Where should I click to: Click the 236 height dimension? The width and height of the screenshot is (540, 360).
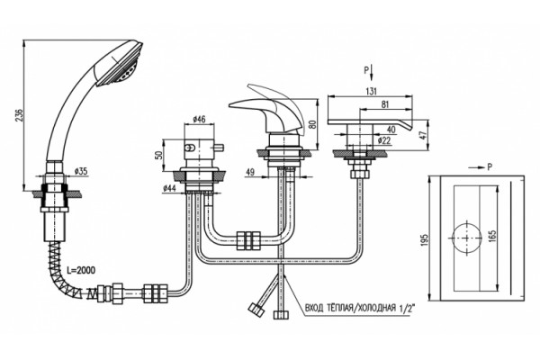point(19,115)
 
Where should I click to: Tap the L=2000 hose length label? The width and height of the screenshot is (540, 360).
point(81,270)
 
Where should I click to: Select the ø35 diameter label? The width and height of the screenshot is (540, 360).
point(81,171)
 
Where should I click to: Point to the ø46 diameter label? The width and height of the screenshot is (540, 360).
point(199,120)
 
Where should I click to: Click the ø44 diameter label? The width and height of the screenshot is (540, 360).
point(169,188)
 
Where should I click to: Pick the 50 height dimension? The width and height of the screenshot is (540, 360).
point(158,155)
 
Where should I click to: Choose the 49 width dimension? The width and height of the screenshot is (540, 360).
point(250,172)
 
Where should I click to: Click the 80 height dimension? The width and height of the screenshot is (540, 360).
point(312,124)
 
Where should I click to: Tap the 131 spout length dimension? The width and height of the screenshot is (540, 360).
point(371,91)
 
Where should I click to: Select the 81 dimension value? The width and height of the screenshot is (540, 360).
point(384,104)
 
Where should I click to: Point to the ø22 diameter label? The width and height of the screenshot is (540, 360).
point(384,140)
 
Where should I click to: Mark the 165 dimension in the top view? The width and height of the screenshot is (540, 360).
point(492,238)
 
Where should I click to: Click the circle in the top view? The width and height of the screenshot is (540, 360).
point(466,224)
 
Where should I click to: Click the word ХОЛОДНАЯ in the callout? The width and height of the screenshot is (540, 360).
point(377,307)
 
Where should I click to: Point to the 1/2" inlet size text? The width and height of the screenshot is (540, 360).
point(407,308)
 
